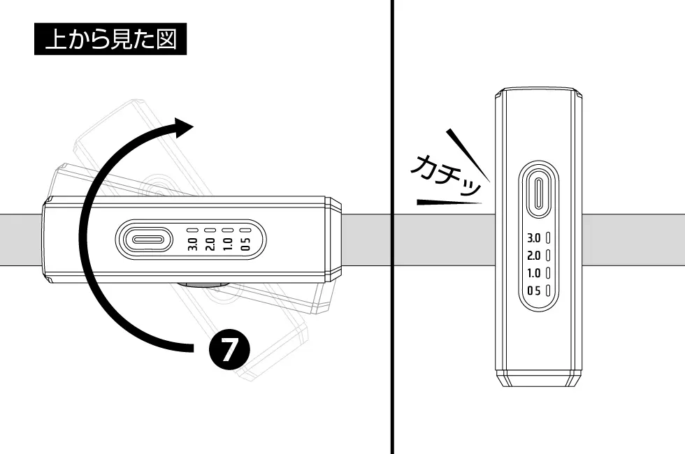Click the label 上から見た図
tap(110, 39)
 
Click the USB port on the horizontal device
tap(147, 240)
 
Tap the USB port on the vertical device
tap(539, 193)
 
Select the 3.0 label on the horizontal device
tap(193, 244)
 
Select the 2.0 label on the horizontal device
tap(210, 244)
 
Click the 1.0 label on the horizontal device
tap(228, 244)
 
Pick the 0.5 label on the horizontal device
tap(245, 244)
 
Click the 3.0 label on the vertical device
tap(534, 238)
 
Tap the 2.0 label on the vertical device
tap(534, 256)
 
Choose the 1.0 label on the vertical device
tap(534, 273)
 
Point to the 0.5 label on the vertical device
tap(534, 291)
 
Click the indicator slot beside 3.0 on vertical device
tap(548, 238)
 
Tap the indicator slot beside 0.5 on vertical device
tap(548, 291)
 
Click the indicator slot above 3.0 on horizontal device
tap(193, 230)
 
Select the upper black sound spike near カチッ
tap(468, 155)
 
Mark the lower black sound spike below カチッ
tap(449, 202)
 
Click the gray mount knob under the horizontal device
tap(203, 285)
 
